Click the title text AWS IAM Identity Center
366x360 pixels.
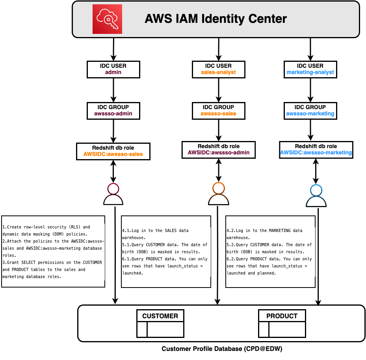216,19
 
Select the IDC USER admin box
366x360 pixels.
113,69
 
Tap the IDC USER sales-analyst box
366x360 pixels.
219,69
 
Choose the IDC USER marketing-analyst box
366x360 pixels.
310,69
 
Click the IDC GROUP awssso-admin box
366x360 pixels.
113,110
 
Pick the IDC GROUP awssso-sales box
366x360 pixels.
219,110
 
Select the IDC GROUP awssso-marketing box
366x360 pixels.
310,110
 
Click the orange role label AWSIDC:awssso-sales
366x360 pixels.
113,154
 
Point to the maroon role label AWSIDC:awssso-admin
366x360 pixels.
219,152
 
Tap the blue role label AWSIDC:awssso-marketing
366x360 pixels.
316,152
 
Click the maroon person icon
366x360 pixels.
113,194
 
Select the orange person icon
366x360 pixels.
218,194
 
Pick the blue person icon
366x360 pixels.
316,196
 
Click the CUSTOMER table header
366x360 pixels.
160,316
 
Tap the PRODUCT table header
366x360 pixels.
282,316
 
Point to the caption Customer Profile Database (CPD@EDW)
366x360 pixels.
222,349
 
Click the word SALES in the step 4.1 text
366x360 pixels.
171,230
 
